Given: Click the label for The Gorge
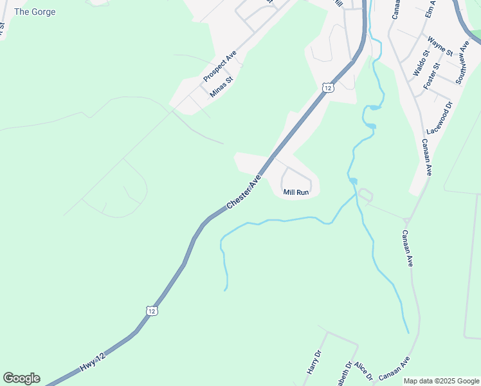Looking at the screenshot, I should click(35, 12).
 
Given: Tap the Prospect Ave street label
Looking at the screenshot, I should click(221, 66).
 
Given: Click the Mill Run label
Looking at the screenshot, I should click(296, 192).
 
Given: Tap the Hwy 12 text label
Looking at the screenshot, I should click(93, 360).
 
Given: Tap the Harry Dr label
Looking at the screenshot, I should click(314, 363).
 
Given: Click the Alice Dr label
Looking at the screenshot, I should click(363, 372).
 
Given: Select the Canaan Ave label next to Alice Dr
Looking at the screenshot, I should click(395, 369).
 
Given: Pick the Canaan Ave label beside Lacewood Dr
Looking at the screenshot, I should click(426, 158).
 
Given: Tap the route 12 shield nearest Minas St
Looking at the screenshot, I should click(328, 87).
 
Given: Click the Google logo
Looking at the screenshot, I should click(21, 378).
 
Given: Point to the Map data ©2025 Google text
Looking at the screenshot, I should click(440, 381).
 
